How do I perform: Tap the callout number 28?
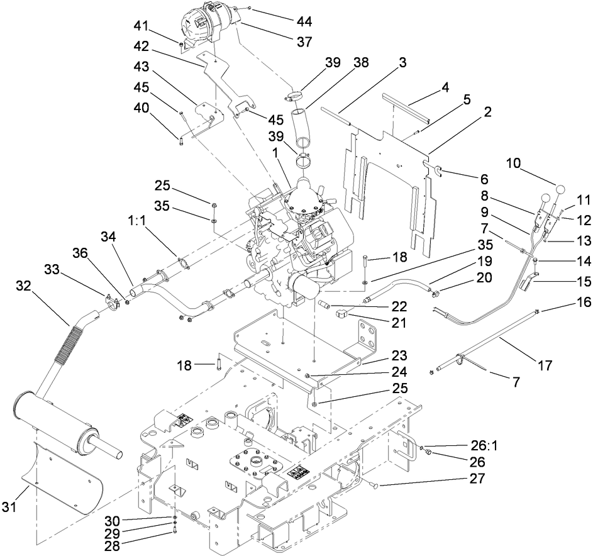(x=112, y=543)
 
